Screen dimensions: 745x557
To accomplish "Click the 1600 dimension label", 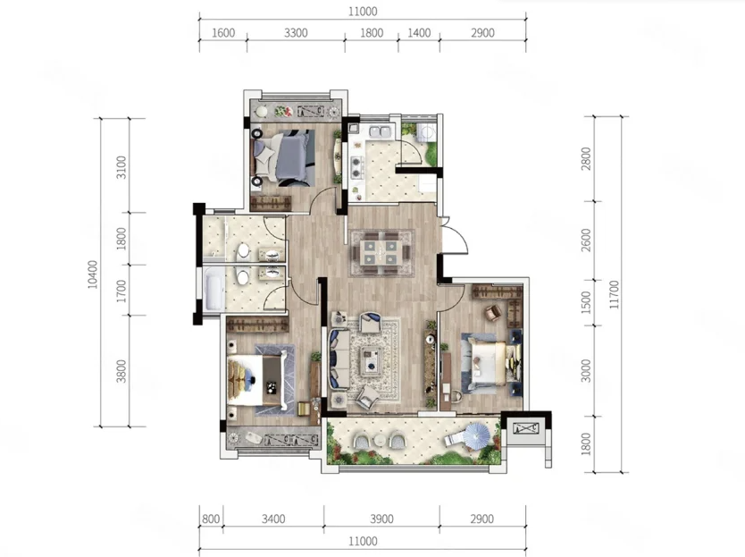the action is point(223,33).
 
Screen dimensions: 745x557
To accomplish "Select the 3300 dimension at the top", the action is point(296,33).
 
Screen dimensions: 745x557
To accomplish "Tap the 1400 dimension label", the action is point(419,33).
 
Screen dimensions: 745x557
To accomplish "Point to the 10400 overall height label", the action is point(93,274).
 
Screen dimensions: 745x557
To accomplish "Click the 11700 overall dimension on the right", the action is point(615,294).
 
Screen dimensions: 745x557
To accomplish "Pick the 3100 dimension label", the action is point(121,167).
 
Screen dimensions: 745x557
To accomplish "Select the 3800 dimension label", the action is point(121,371).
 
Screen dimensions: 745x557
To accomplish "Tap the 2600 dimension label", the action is point(586,241).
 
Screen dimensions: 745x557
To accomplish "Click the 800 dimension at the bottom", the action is point(211,519).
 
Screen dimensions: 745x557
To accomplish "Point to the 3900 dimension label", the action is point(381,519).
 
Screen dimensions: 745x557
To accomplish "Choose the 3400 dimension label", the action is point(273,519).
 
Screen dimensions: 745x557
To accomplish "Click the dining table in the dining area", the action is point(378,253).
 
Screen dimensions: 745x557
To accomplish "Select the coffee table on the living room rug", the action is point(372,358).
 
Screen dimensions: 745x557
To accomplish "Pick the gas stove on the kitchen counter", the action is point(356,165).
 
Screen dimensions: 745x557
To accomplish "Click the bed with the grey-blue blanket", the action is point(284,156).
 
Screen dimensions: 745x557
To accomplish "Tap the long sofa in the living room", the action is point(339,360).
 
